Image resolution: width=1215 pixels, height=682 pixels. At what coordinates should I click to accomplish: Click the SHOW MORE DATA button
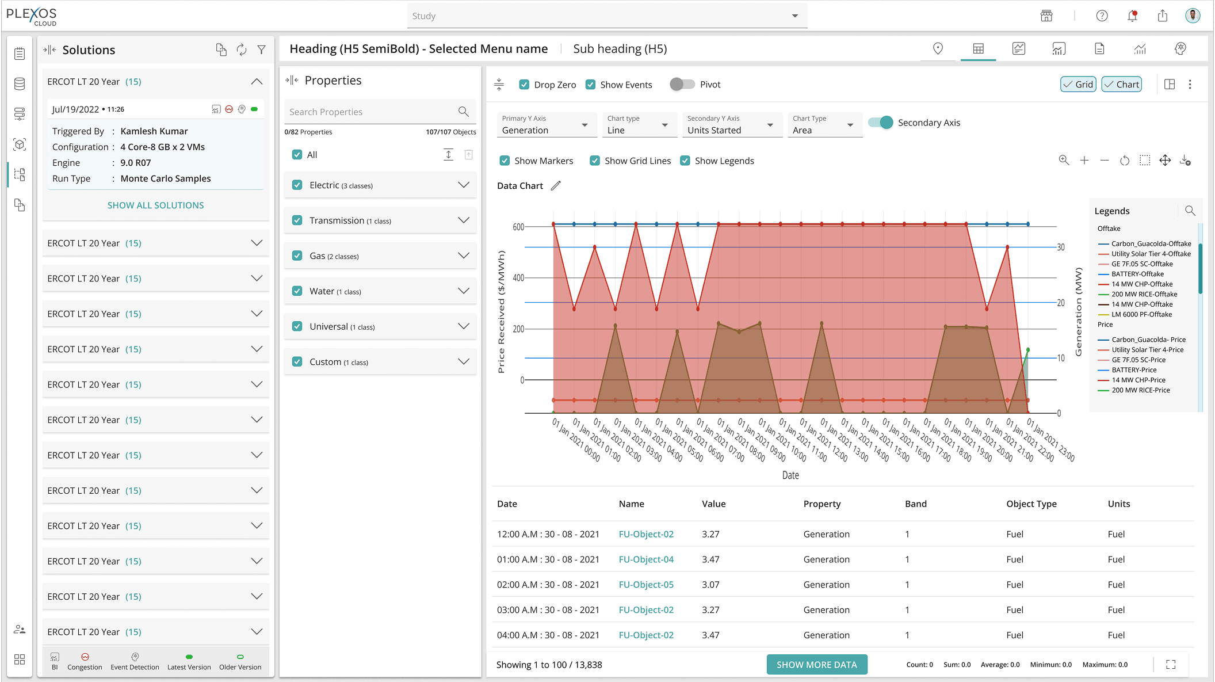(x=816, y=665)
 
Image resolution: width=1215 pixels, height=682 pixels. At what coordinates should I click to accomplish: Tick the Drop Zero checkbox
(x=524, y=85)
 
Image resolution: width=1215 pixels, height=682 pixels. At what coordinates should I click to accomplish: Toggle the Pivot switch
(x=682, y=85)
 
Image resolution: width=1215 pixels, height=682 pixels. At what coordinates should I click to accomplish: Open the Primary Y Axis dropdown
(x=544, y=125)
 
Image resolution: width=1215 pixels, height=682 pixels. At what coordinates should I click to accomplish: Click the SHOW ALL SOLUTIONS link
(x=155, y=205)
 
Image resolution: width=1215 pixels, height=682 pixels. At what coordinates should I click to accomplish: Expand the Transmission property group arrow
(x=463, y=220)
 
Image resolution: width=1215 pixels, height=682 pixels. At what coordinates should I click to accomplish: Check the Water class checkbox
(x=297, y=291)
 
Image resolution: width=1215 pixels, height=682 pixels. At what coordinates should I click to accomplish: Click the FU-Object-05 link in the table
(x=646, y=585)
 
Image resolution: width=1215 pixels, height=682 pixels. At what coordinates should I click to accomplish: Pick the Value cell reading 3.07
(x=710, y=585)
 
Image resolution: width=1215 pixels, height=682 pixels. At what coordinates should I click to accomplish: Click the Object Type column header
(x=1031, y=504)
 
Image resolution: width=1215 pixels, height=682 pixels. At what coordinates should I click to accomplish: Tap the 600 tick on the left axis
(x=518, y=227)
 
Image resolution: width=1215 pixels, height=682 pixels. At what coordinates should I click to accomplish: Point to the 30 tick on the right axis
(x=1061, y=247)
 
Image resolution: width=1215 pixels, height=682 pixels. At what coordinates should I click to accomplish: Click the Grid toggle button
(x=1078, y=85)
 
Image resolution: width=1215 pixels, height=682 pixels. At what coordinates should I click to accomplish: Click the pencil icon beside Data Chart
(x=555, y=186)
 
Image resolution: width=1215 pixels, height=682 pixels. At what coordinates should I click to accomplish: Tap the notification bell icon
(x=1132, y=16)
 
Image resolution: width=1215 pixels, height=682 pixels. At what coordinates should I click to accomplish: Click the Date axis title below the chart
(x=790, y=475)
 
